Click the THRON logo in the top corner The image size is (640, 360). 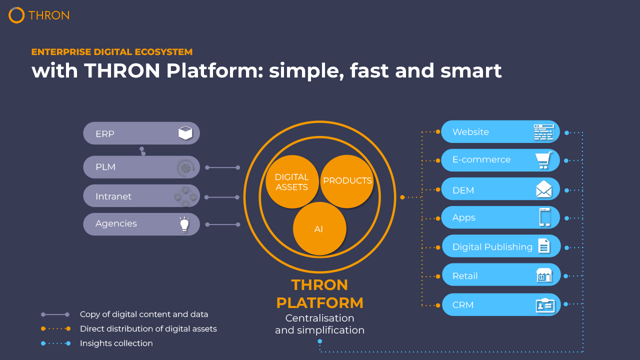[x=38, y=15]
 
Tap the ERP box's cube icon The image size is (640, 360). [x=185, y=133]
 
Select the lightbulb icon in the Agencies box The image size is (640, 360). [x=185, y=224]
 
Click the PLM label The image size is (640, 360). [x=105, y=167]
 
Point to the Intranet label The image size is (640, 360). [x=113, y=196]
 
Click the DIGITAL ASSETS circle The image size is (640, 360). [x=292, y=181]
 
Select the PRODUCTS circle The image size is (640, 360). [x=347, y=181]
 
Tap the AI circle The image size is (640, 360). [x=319, y=229]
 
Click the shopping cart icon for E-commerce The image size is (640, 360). [x=543, y=160]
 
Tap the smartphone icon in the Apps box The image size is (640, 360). [x=544, y=217]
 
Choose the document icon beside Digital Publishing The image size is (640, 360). [x=543, y=246]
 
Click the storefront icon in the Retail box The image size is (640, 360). [x=543, y=275]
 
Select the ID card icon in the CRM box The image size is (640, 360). [x=544, y=304]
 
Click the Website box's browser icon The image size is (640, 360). [x=543, y=132]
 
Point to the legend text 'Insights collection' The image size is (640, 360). [x=116, y=343]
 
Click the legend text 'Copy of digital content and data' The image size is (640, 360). [x=144, y=314]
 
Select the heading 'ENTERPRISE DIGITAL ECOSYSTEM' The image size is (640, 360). [x=112, y=52]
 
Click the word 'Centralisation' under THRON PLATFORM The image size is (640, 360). [x=319, y=318]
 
